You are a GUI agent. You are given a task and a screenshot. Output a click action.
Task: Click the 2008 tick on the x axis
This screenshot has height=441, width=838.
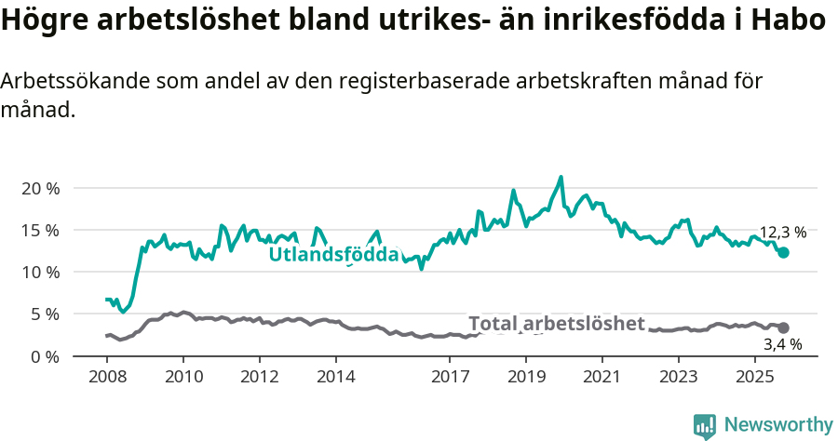[x=107, y=377]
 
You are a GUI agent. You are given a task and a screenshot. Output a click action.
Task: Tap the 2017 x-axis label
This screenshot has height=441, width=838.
[x=450, y=377]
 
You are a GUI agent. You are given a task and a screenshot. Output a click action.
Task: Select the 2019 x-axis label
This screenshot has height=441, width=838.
[x=526, y=377]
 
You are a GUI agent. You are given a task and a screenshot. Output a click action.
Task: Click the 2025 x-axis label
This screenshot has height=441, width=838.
[x=754, y=377]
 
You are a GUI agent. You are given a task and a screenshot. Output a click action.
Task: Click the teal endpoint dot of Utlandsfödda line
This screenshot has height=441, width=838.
[x=783, y=253]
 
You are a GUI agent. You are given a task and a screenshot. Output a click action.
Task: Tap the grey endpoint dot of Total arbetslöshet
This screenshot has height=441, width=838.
[x=783, y=327]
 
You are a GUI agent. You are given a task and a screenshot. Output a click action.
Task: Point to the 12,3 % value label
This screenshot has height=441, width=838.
[x=783, y=233]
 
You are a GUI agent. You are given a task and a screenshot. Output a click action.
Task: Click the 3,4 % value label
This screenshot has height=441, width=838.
[x=783, y=345]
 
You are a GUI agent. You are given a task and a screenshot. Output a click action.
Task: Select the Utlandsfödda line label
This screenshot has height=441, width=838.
[x=333, y=254]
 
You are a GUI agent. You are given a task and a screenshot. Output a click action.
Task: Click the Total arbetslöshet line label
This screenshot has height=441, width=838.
[x=556, y=323]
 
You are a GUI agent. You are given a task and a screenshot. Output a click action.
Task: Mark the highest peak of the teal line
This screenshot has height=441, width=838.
[x=561, y=177]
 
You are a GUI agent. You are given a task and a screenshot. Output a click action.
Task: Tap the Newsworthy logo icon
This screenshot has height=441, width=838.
[x=705, y=425]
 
